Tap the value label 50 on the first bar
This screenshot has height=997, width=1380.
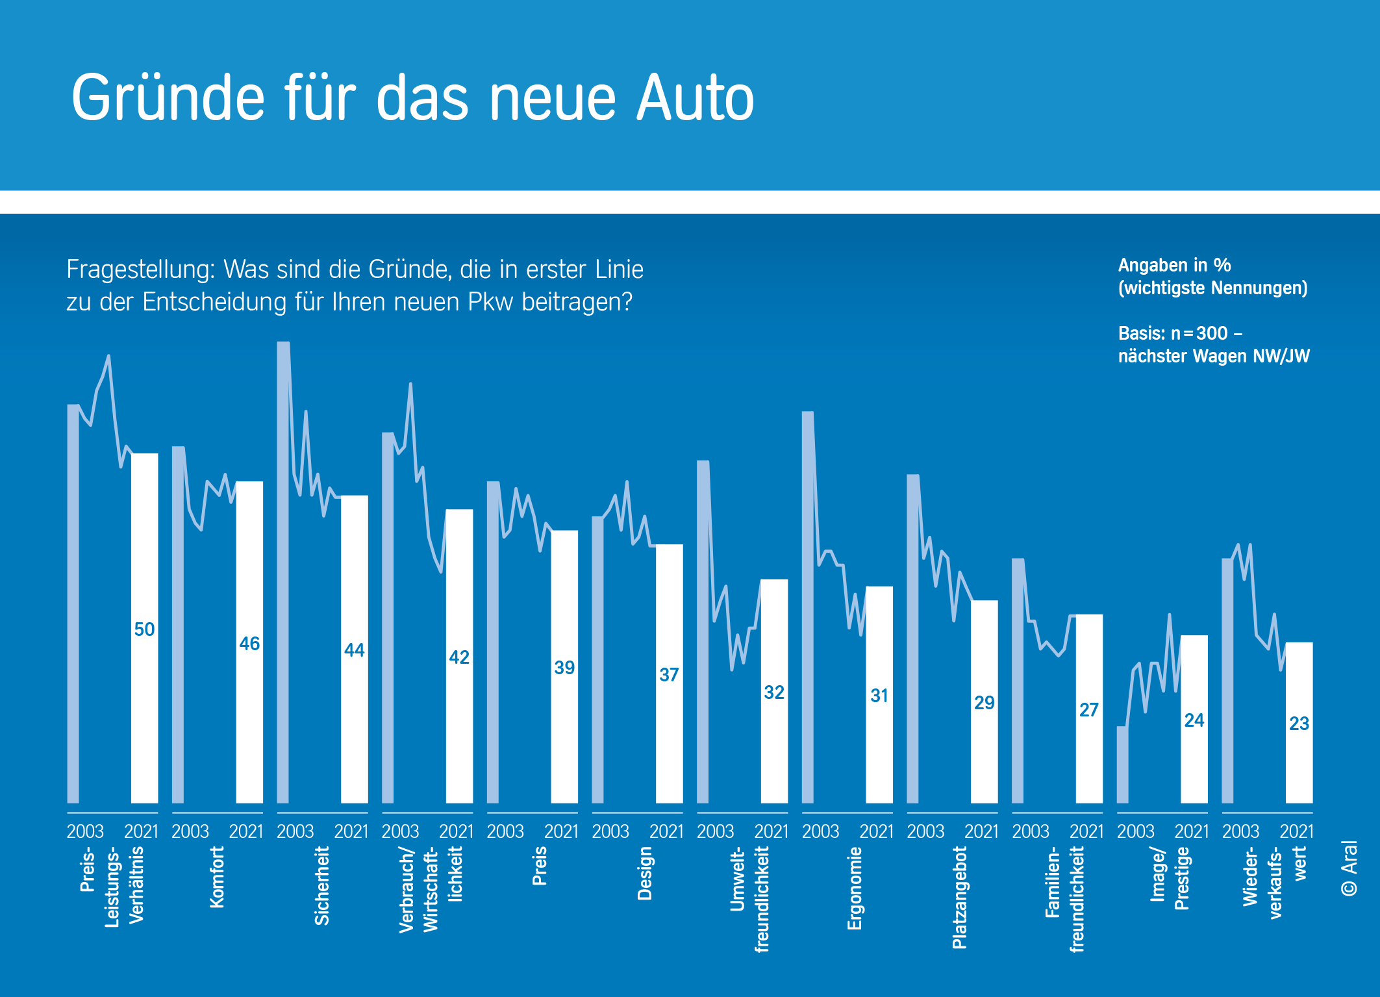coord(144,629)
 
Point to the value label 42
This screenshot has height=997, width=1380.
coord(459,657)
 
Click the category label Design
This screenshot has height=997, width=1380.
coord(644,873)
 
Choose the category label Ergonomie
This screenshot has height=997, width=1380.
coord(855,888)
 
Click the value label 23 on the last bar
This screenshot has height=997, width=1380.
coord(1299,724)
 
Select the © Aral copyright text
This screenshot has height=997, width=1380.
coord(1349,868)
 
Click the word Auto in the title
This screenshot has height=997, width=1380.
coord(695,98)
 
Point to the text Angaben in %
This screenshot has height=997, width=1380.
coord(1174,265)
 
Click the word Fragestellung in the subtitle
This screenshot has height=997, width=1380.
coord(140,270)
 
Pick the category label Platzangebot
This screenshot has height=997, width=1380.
coord(960,897)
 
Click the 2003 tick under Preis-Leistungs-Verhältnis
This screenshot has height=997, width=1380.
coord(85,831)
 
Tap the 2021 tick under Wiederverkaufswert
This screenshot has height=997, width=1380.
coord(1296,831)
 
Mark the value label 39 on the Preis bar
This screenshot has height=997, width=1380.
coord(564,668)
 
